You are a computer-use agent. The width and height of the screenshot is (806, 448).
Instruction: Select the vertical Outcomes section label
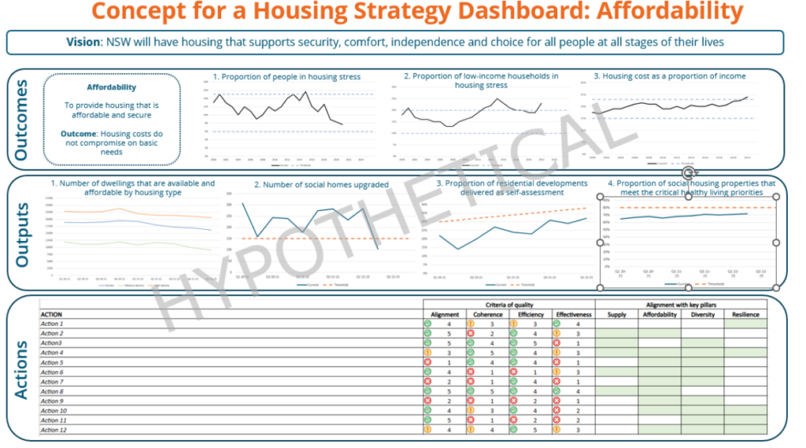click(21, 119)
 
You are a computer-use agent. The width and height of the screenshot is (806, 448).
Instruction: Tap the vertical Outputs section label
click(21, 234)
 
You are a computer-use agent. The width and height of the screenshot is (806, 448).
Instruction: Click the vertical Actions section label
click(21, 368)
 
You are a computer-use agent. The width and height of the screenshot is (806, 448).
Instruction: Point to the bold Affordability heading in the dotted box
click(111, 87)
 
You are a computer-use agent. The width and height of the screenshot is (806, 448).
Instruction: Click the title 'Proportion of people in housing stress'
click(287, 77)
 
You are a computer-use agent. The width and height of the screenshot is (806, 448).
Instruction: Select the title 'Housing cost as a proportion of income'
click(670, 76)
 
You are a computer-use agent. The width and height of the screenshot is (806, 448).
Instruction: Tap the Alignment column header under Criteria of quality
click(445, 314)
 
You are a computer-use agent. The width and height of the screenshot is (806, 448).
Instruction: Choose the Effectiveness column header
click(572, 314)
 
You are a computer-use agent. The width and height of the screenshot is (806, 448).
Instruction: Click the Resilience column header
click(745, 314)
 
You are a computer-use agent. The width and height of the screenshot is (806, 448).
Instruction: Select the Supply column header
click(616, 314)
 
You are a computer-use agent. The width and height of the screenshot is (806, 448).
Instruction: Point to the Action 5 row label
click(52, 362)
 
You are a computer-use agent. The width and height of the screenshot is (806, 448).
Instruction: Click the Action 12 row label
click(54, 430)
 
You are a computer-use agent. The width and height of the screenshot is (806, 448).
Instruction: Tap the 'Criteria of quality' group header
click(508, 304)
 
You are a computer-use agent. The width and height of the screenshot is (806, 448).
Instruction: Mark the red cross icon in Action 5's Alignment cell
click(428, 362)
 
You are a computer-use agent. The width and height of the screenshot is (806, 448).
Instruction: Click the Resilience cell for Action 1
click(745, 324)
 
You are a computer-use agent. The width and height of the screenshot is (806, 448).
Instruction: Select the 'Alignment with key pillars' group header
click(680, 304)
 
